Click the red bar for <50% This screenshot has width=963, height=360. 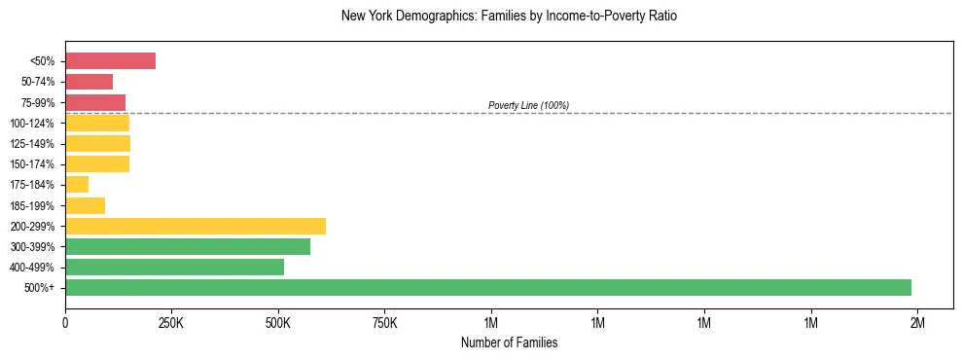[110, 61]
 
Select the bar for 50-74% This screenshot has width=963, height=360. [89, 82]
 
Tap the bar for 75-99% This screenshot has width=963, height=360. [95, 102]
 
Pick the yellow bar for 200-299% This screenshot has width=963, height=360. [196, 226]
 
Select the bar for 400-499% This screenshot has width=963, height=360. [174, 267]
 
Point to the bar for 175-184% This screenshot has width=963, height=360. [77, 185]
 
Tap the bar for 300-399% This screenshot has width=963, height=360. [188, 246]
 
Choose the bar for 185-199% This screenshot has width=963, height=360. [85, 205]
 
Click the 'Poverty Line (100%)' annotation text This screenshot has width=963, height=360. [528, 105]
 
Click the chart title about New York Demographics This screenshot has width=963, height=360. [509, 17]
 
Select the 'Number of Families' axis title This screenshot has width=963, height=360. [509, 342]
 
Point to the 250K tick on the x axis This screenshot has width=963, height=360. [171, 321]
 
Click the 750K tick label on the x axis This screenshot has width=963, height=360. [384, 321]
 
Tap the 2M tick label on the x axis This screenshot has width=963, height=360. [916, 321]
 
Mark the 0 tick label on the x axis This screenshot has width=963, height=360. [65, 321]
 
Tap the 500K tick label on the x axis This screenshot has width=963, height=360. [278, 321]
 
